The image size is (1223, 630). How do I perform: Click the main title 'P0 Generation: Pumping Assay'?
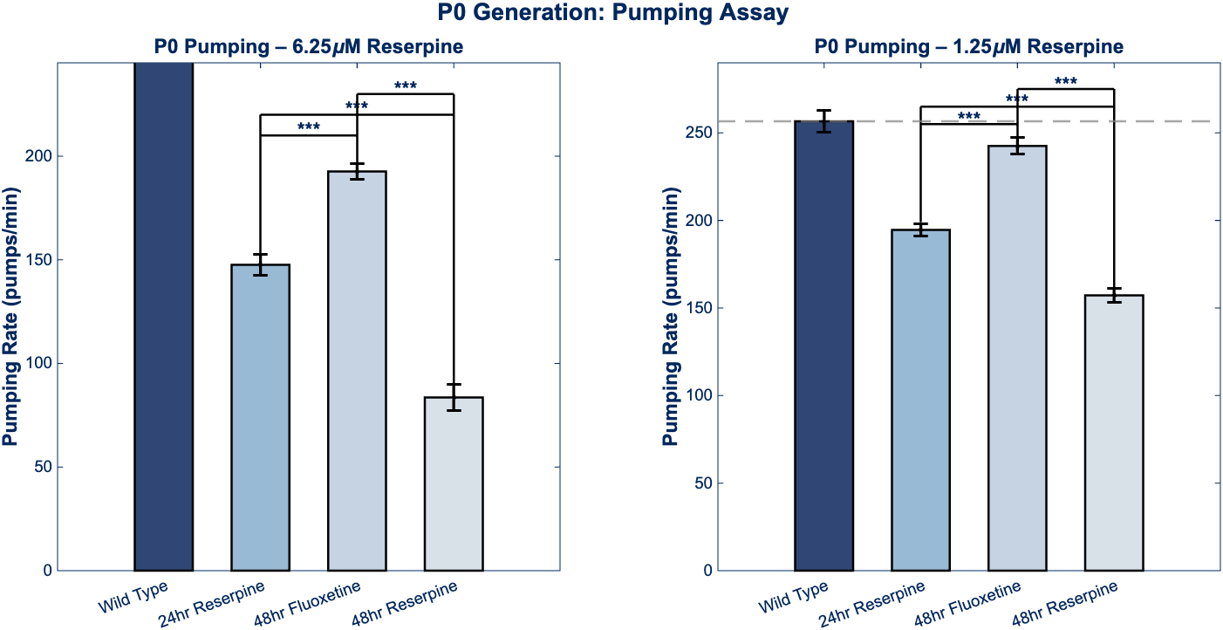click(x=612, y=12)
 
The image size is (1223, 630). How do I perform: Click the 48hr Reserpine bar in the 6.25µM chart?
click(x=454, y=483)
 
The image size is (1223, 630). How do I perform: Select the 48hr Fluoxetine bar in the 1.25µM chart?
click(x=1017, y=358)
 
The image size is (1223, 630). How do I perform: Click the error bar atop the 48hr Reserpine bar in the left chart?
click(x=454, y=397)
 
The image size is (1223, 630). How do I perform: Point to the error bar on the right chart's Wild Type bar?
click(x=823, y=121)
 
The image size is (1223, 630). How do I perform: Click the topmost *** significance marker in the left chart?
click(x=406, y=86)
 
